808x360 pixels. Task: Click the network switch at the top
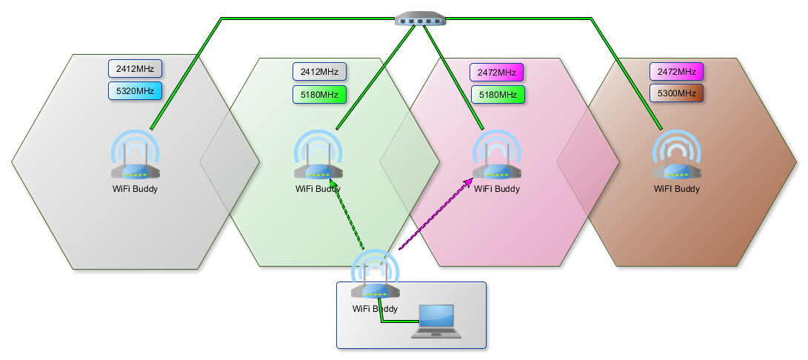coord(421,19)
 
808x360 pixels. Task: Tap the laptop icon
coord(436,321)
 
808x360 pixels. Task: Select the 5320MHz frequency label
coord(135,91)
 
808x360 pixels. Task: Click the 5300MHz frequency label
coord(677,93)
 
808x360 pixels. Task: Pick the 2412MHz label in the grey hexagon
coord(135,69)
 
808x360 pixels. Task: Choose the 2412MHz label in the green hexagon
coord(319,72)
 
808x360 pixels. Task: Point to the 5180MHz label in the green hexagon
coord(319,94)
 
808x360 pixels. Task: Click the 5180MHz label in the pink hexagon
coord(498,94)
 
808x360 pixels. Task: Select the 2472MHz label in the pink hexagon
coord(497,72)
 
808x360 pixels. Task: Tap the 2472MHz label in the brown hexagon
coord(677,72)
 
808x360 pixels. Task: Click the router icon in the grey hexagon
coord(135,155)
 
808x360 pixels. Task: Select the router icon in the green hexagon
coord(318,155)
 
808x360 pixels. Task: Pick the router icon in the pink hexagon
coord(497,155)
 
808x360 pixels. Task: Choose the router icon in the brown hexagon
coord(677,155)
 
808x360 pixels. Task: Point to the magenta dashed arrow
coord(436,214)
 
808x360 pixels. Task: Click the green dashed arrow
coord(347,215)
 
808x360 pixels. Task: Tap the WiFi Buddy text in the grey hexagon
coord(135,189)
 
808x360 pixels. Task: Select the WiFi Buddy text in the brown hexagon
coord(677,189)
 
